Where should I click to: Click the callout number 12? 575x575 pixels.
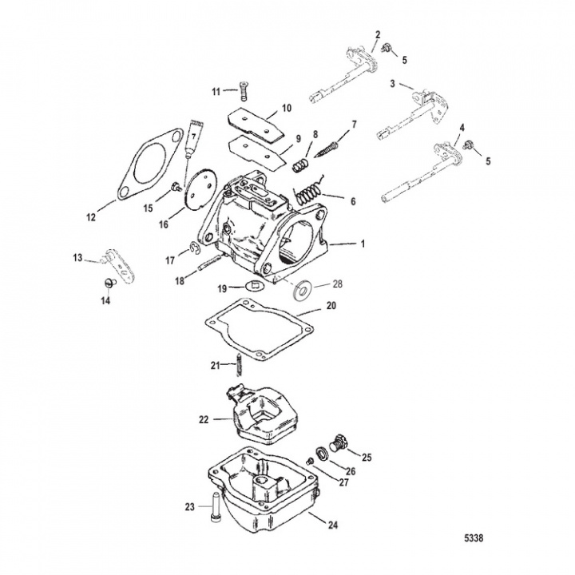(x=90, y=216)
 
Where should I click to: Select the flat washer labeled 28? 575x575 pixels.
(x=302, y=290)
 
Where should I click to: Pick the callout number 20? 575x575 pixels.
(x=331, y=305)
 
